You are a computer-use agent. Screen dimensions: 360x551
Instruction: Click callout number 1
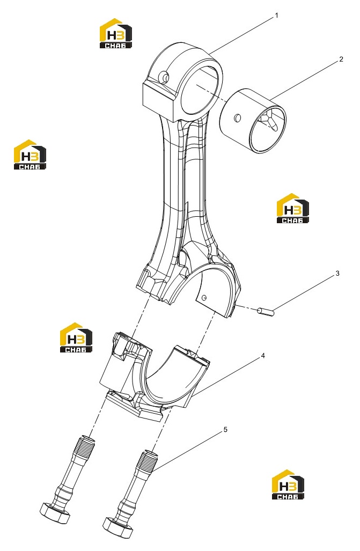pyautogui.click(x=276, y=16)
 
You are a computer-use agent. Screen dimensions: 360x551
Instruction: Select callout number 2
pyautogui.click(x=341, y=60)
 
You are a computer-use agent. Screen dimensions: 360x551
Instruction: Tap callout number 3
pyautogui.click(x=337, y=274)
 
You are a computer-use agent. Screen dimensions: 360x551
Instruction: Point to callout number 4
pyautogui.click(x=262, y=356)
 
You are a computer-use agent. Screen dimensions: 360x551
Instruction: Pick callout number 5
pyautogui.click(x=225, y=430)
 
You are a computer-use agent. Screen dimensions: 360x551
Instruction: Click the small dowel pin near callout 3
pyautogui.click(x=266, y=312)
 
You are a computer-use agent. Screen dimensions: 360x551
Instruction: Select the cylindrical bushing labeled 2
pyautogui.click(x=253, y=121)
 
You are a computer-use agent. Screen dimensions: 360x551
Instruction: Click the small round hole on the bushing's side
pyautogui.click(x=238, y=117)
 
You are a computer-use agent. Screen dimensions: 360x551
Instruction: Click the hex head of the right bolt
pyautogui.click(x=119, y=528)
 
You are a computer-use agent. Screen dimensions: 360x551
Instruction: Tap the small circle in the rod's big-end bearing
pyautogui.click(x=204, y=298)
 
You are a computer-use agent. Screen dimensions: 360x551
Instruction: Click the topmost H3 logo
pyautogui.click(x=116, y=33)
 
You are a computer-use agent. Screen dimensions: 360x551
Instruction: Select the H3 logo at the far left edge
pyautogui.click(x=30, y=155)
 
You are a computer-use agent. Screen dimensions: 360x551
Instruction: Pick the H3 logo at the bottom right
pyautogui.click(x=288, y=484)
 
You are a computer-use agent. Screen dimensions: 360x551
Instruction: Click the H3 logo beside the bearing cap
pyautogui.click(x=76, y=337)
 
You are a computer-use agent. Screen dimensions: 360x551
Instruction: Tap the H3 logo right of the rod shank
pyautogui.click(x=293, y=208)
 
